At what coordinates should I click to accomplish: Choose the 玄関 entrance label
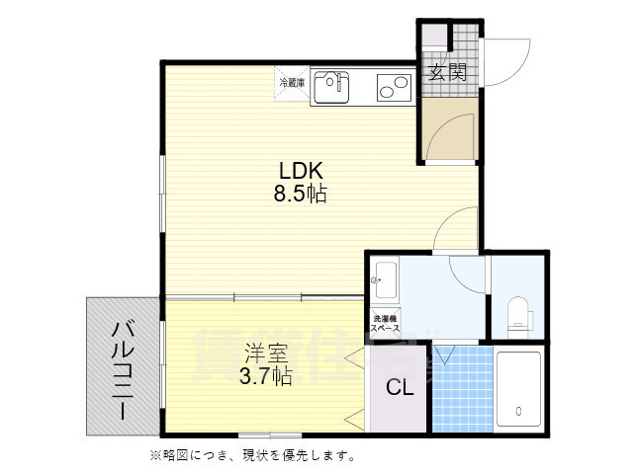coord(447,71)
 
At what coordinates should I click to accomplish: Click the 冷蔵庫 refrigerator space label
coord(292,82)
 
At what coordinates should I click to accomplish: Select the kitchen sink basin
coord(330,87)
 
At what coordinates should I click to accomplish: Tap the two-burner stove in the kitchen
coord(394,88)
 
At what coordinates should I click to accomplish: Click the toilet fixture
coord(518,316)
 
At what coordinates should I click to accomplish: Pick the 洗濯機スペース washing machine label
coord(384,322)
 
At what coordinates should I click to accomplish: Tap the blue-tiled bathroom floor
coord(460,389)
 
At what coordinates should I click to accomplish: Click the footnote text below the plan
coord(252,455)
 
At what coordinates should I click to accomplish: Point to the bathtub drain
coord(518,410)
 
